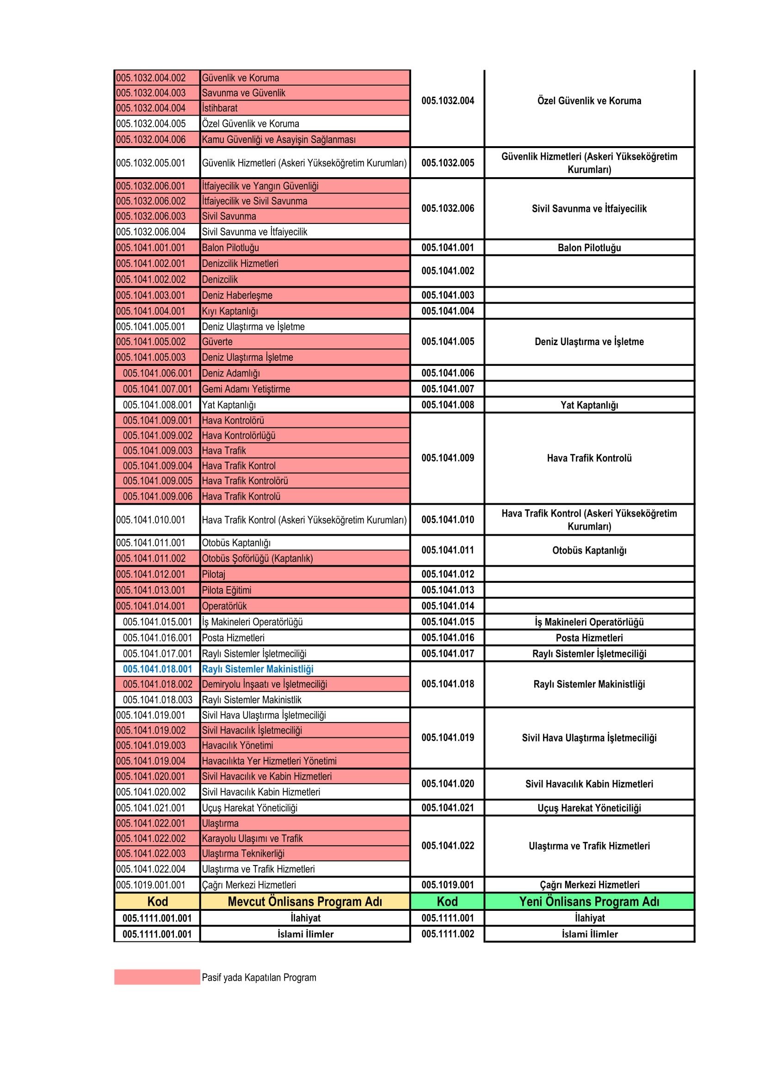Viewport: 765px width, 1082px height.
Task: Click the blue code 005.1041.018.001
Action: coord(157,669)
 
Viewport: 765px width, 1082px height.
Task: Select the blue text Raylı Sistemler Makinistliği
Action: coord(257,669)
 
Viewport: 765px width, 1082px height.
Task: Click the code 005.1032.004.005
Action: coord(151,124)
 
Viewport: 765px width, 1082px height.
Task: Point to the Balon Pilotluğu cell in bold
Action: coord(589,248)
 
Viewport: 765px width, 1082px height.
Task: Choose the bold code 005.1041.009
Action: coord(448,458)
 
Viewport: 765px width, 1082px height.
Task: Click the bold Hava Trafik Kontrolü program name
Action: coord(589,458)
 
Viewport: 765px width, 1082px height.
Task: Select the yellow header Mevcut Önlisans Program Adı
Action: coord(305,902)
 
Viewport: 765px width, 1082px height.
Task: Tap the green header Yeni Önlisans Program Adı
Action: coord(589,902)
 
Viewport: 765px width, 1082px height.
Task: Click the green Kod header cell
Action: coord(447,902)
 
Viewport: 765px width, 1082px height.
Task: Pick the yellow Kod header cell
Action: coord(157,902)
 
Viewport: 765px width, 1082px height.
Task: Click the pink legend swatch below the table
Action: coord(157,977)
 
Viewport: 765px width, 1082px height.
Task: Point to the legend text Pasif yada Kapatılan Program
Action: coord(259,977)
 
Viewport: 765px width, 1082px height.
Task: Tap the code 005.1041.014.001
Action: coord(151,606)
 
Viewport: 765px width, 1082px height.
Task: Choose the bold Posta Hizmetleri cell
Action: coord(589,637)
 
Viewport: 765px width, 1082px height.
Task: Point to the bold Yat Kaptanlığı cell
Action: coord(589,405)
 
